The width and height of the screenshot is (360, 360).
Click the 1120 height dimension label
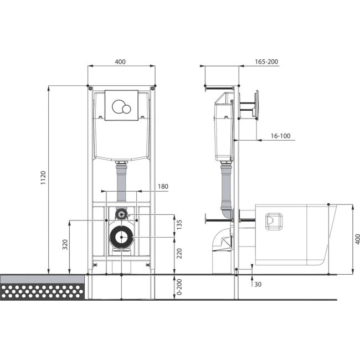(x=43, y=177)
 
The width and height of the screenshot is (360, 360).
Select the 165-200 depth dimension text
(x=266, y=61)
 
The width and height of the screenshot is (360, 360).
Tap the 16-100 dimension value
(x=280, y=136)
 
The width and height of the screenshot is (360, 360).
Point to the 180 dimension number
(x=163, y=187)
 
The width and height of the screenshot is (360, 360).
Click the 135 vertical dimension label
(x=179, y=224)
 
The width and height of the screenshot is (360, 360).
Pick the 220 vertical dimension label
(x=179, y=253)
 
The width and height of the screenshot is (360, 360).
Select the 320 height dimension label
(x=65, y=244)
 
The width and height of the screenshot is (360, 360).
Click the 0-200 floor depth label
(x=179, y=287)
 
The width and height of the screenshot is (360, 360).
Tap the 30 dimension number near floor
(x=258, y=285)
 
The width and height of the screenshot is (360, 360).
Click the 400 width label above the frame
(x=120, y=61)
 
